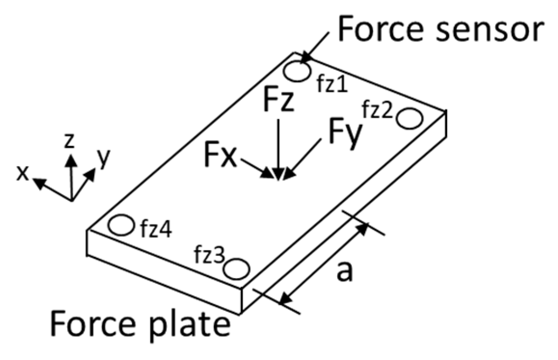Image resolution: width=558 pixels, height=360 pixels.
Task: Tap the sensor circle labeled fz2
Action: [x=410, y=119]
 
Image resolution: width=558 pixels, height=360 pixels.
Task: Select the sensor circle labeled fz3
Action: [x=238, y=269]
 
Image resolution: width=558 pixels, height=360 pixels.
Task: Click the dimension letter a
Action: [x=344, y=272]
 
